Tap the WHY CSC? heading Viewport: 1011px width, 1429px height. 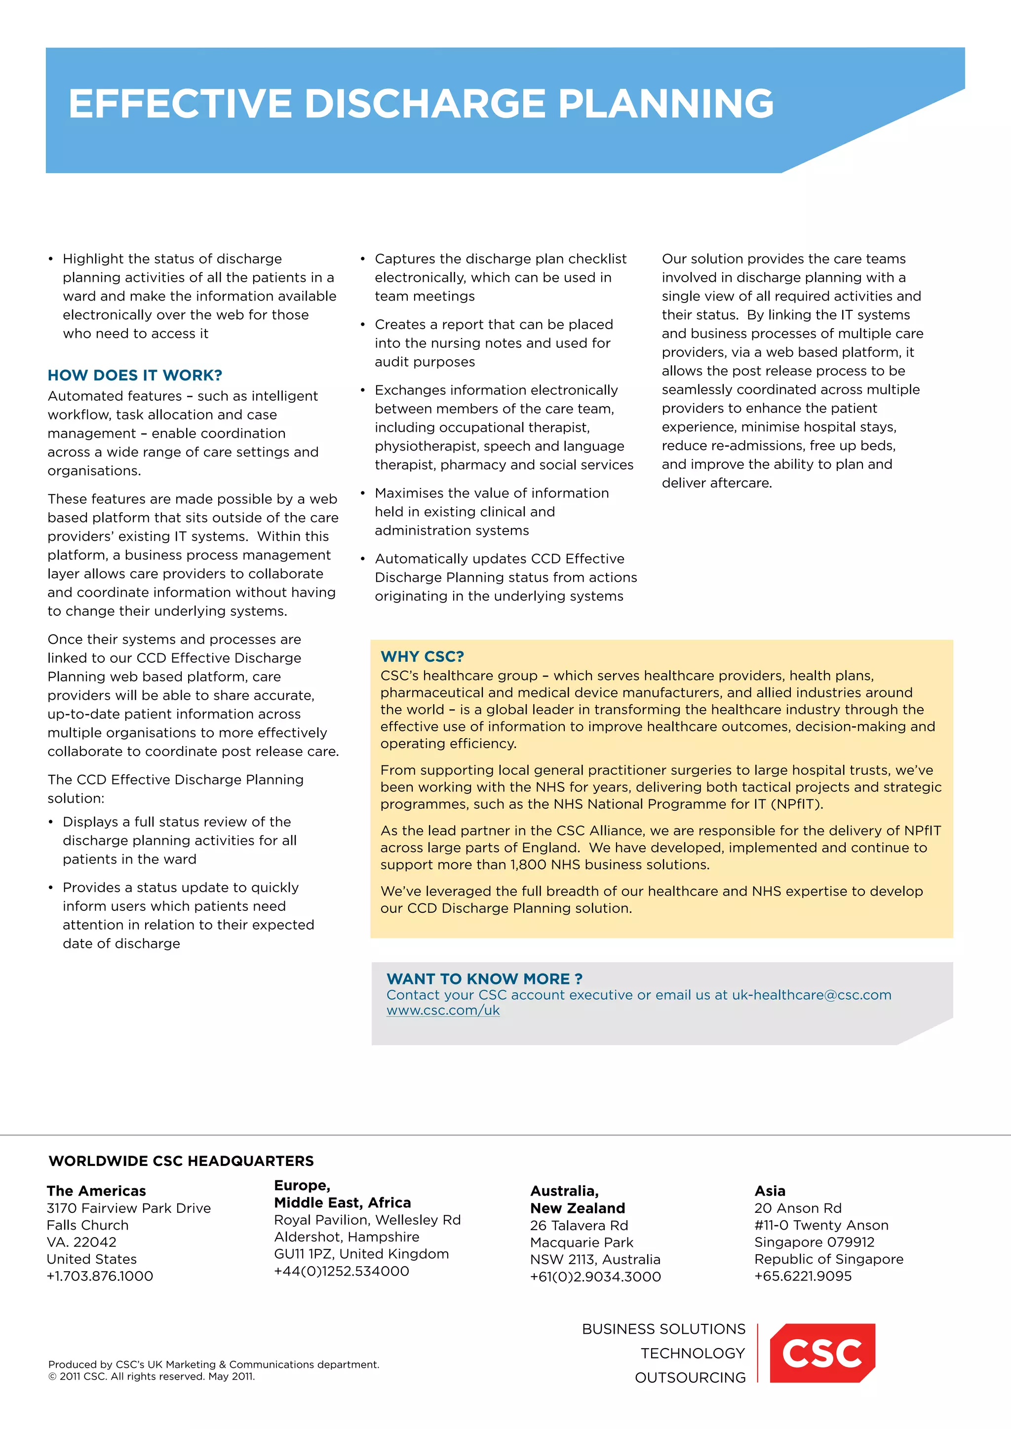422,657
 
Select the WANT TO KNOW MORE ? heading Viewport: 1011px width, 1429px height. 484,978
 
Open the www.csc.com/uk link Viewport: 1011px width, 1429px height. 443,1010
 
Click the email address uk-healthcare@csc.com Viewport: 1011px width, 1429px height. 811,995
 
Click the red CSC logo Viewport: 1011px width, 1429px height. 822,1353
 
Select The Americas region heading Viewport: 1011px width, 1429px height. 96,1191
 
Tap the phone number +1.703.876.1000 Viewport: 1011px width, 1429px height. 100,1276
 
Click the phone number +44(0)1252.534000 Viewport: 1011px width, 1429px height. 341,1271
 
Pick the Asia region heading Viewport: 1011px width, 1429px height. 770,1191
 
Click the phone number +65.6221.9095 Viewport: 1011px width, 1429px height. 803,1276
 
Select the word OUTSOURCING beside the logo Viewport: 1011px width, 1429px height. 690,1377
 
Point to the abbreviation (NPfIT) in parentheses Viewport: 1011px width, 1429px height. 796,804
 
